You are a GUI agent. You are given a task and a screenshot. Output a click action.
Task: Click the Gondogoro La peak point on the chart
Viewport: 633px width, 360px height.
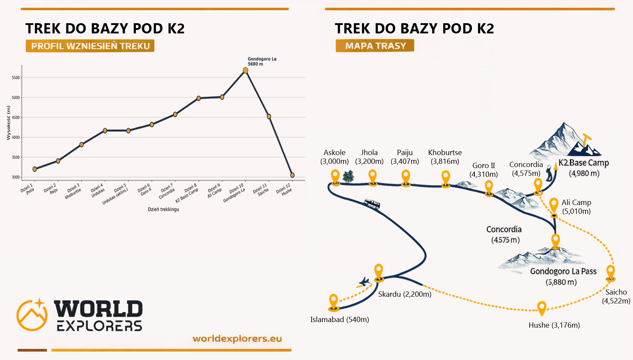(245, 70)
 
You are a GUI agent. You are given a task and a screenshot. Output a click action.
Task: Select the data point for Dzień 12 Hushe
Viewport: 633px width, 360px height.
(292, 175)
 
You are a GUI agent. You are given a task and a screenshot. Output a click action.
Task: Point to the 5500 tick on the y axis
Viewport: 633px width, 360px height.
(16, 78)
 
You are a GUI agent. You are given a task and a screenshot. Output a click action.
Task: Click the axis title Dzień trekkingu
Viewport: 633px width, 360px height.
(163, 209)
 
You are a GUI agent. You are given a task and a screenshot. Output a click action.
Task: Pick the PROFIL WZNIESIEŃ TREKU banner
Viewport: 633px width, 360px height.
(90, 46)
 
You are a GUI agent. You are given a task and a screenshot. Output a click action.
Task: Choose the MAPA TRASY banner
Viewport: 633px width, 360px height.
(375, 46)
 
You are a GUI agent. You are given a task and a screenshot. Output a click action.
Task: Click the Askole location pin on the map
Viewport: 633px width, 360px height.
(335, 176)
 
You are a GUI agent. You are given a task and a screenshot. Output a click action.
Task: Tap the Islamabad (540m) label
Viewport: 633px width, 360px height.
(339, 320)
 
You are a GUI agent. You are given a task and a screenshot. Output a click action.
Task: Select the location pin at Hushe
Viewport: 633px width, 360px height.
(542, 308)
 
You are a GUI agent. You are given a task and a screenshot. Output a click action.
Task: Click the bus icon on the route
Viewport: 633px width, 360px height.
(372, 204)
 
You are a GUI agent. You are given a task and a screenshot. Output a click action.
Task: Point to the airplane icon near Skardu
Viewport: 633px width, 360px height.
(364, 282)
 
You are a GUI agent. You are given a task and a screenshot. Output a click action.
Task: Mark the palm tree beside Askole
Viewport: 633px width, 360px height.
(348, 176)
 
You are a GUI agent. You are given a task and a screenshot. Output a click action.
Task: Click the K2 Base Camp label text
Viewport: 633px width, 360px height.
(584, 163)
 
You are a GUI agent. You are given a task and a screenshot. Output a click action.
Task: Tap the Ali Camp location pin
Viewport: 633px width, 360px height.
(554, 205)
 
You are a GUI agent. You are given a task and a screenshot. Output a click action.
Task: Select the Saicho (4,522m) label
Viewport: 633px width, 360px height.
(616, 296)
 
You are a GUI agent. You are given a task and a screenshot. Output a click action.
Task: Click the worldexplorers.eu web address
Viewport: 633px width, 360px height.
(237, 339)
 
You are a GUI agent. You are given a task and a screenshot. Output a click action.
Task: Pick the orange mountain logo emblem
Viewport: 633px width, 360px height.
(32, 315)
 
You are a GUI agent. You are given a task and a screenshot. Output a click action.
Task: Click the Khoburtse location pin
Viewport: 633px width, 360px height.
(446, 178)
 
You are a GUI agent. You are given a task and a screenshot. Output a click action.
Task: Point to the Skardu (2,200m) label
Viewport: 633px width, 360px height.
(404, 294)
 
